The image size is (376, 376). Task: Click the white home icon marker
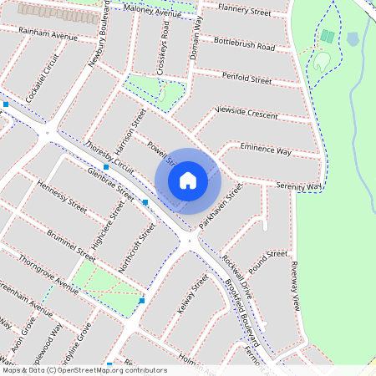(188, 180)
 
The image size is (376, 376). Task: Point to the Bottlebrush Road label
(244, 43)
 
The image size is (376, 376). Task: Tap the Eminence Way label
(266, 150)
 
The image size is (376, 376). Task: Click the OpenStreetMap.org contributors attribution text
(119, 369)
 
